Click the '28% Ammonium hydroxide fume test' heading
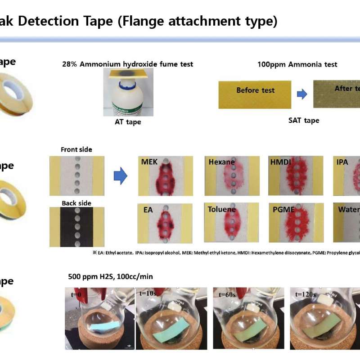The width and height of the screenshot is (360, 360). [x=127, y=64]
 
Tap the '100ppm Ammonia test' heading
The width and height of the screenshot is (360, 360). [x=297, y=64]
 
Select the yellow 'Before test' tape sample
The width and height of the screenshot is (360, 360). [x=255, y=94]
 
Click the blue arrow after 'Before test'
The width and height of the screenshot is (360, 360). [x=301, y=94]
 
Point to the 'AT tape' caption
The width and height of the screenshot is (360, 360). [x=127, y=121]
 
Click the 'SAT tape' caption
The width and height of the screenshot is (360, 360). [x=303, y=120]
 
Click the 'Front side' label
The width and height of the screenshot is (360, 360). [x=76, y=149]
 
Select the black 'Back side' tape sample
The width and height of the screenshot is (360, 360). [x=76, y=227]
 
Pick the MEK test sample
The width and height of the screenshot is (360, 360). [x=165, y=176]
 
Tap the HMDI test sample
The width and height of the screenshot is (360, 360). [x=295, y=176]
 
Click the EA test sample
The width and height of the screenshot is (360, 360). [x=165, y=223]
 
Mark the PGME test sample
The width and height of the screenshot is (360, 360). [x=295, y=223]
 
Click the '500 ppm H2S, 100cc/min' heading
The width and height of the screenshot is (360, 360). [x=110, y=276]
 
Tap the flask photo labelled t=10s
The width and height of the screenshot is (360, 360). [x=171, y=318]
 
